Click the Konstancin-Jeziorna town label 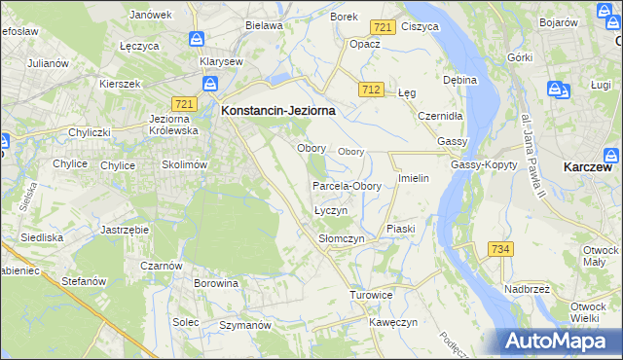[x=278, y=111]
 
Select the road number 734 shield [x=500, y=249]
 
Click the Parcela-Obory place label [x=347, y=186]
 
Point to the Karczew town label [x=587, y=167]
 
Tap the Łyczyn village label [x=331, y=211]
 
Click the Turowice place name [x=371, y=294]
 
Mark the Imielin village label [x=414, y=179]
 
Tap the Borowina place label [x=216, y=283]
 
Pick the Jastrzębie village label [x=124, y=230]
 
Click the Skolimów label [x=185, y=165]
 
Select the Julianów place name [x=48, y=63]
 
